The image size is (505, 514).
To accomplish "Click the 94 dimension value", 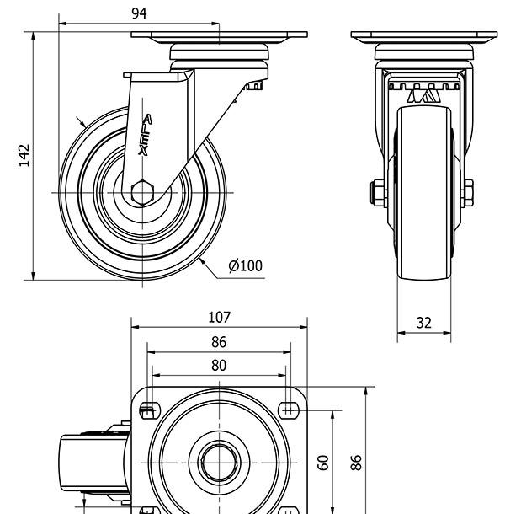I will click(140, 13).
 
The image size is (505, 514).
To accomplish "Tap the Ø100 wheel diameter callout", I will click(245, 266).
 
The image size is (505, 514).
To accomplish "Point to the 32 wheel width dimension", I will click(423, 322).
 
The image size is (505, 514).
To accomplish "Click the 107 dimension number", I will click(219, 318).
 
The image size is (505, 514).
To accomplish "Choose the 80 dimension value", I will click(219, 366).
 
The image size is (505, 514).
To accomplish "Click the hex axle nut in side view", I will click(142, 191).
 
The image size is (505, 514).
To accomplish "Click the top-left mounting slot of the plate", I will click(148, 411).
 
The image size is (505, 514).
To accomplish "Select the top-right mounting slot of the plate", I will click(290, 411).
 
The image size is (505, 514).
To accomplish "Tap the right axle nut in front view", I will click(467, 192).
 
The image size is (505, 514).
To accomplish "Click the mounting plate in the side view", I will click(219, 37).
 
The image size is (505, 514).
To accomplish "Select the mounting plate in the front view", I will click(423, 37).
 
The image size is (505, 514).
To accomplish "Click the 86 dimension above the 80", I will click(219, 342).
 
